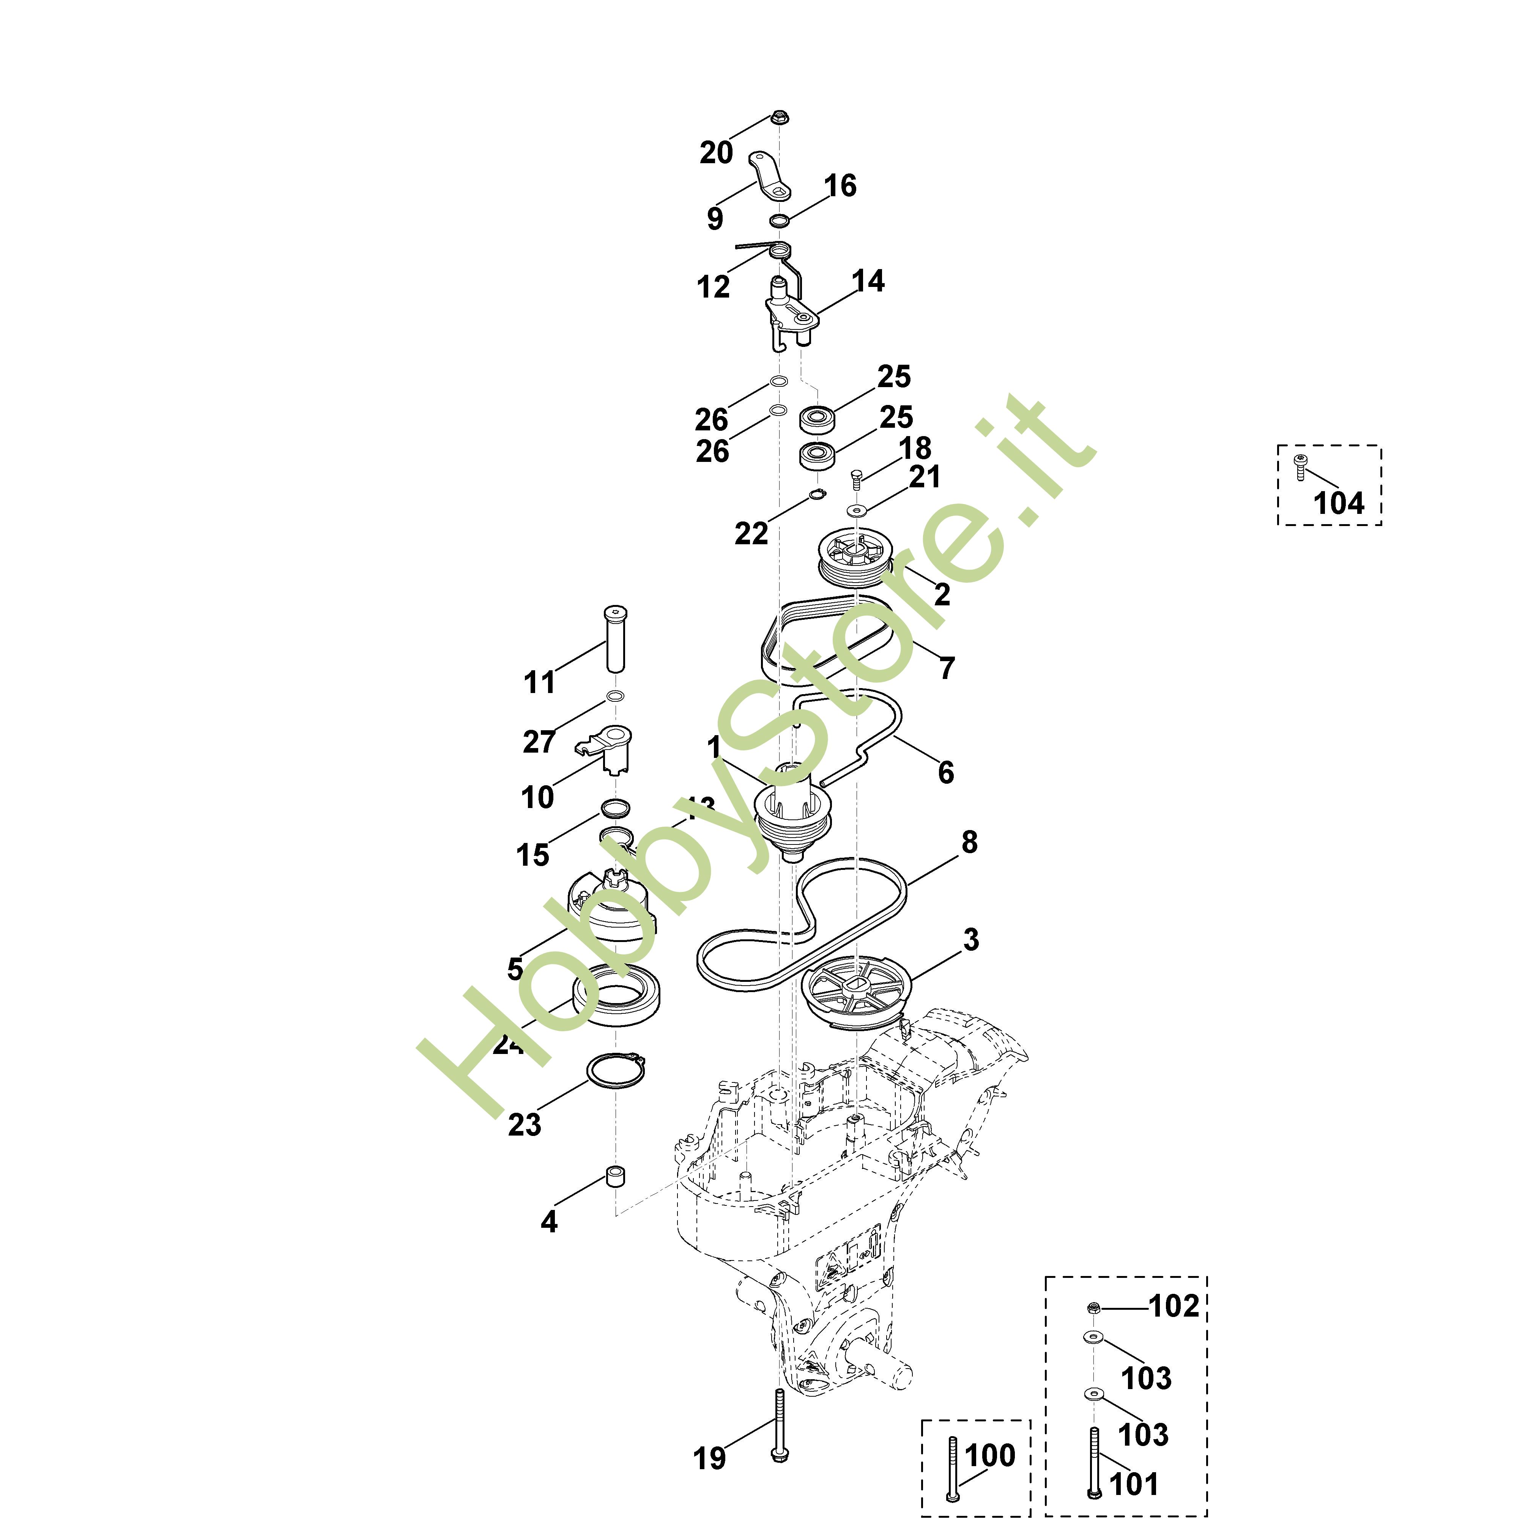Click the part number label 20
716,153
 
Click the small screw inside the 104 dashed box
1299,466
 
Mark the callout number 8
969,842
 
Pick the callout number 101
1134,1484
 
